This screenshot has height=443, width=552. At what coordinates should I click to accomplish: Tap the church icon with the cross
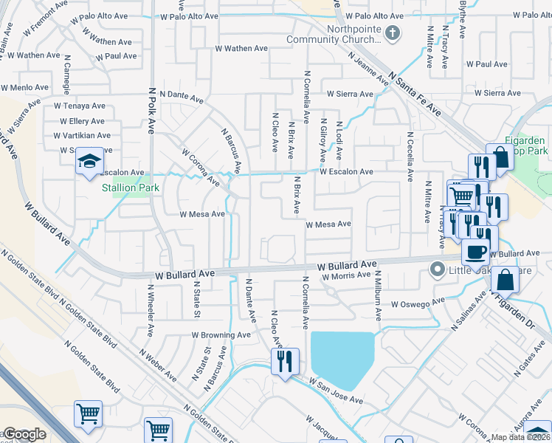393,32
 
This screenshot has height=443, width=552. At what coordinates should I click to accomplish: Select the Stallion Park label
129,188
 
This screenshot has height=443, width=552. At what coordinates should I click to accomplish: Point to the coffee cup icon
475,251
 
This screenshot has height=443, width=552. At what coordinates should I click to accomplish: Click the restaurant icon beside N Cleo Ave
285,362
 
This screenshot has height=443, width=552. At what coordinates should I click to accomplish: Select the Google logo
24,434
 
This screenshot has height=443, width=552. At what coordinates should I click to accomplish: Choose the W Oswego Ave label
419,303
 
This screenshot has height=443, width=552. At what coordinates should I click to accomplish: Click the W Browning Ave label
221,334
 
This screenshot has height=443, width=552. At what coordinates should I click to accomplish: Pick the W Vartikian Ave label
82,135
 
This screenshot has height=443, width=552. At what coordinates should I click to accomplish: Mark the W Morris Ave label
345,275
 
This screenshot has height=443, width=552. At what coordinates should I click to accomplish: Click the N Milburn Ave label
378,300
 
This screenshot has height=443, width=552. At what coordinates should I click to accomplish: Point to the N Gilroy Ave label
322,142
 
